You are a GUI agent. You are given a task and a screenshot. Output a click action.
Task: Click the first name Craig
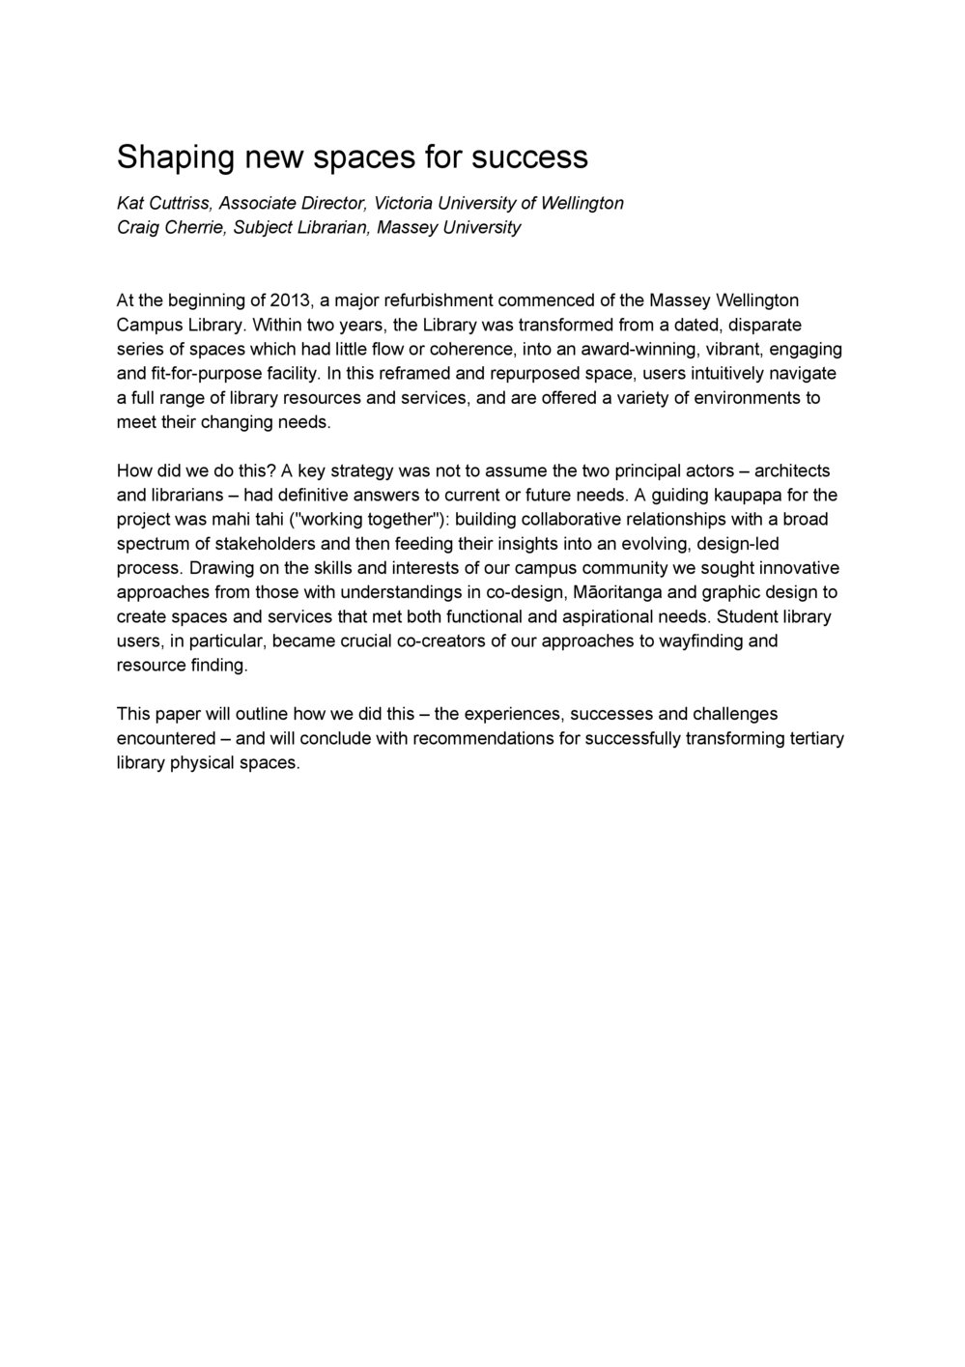[137, 228]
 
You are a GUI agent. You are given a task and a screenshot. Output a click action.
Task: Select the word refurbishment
[432, 300]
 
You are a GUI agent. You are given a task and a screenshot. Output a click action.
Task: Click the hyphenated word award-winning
[635, 349]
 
